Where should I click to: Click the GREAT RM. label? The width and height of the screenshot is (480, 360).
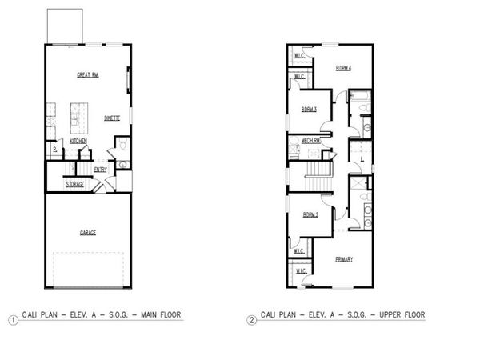click(87, 75)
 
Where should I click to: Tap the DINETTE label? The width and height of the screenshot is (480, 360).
click(112, 118)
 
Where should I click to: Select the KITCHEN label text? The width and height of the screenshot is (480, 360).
click(78, 141)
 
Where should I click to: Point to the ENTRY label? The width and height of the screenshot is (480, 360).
click(101, 169)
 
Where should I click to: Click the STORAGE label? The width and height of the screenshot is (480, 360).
click(75, 184)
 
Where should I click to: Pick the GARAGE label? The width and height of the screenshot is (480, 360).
click(87, 233)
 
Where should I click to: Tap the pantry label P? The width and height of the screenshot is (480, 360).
click(54, 149)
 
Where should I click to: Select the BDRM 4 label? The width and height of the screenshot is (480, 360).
click(345, 69)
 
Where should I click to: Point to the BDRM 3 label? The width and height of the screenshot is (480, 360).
click(310, 109)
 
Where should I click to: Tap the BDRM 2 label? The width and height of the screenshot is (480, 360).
click(311, 214)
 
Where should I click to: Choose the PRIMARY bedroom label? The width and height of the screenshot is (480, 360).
click(344, 258)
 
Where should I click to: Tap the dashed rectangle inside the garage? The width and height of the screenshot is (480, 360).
click(87, 268)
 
